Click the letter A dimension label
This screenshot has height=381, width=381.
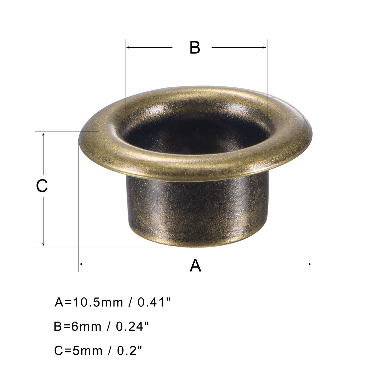coord(195,266)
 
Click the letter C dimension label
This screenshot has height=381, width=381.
coord(42,186)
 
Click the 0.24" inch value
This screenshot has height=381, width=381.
coord(133,326)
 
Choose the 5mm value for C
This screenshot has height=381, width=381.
coord(87,351)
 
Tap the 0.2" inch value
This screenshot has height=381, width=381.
coord(130,350)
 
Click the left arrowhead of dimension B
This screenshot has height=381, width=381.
coord(128,47)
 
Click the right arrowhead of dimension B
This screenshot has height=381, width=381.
coord(265,47)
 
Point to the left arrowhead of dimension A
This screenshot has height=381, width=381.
coord(81,264)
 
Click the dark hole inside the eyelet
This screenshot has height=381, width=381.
coord(196,133)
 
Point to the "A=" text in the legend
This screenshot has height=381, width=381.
coord(63,302)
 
